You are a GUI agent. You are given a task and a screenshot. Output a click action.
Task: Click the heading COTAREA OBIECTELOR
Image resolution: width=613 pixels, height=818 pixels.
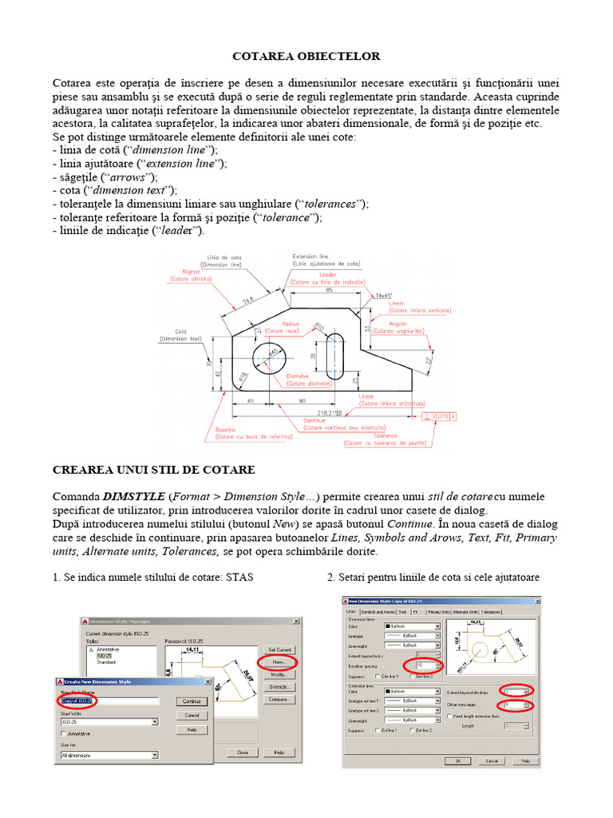[306, 56]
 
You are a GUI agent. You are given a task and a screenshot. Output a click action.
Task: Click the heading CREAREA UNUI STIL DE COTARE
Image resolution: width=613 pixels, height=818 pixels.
[153, 469]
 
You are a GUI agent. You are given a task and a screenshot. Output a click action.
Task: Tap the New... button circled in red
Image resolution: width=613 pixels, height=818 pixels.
[279, 662]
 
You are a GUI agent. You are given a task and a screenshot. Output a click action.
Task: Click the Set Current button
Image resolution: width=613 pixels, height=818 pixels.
[279, 649]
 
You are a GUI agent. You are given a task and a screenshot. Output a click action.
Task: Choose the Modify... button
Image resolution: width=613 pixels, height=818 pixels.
[279, 674]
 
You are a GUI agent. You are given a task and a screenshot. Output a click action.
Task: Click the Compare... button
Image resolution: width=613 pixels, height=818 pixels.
[279, 699]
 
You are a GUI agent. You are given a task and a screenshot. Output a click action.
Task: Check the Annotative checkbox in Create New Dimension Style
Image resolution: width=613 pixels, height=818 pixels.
[65, 733]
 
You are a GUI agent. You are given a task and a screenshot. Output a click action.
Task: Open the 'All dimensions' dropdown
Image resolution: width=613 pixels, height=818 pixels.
[109, 755]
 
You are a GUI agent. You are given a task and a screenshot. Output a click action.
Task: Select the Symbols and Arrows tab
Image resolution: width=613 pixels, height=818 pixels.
[378, 612]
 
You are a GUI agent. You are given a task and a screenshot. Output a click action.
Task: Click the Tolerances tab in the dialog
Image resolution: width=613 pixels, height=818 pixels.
[491, 612]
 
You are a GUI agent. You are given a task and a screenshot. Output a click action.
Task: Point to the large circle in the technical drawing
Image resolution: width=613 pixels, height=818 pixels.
[274, 359]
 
